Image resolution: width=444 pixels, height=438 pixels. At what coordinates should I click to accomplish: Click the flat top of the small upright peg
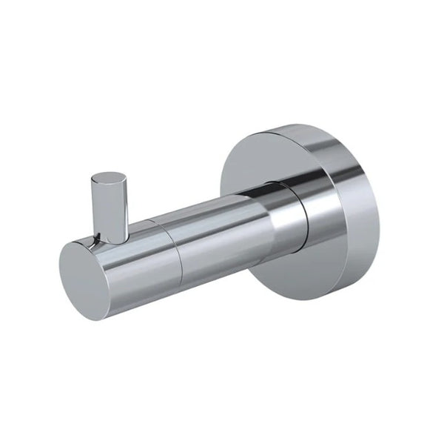pos(107,179)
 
